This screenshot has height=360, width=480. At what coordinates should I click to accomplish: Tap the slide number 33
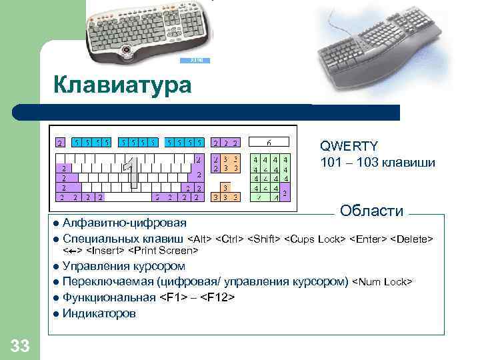(19, 345)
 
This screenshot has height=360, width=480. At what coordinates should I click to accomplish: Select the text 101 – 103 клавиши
(377, 163)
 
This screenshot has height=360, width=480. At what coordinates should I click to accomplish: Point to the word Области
(371, 211)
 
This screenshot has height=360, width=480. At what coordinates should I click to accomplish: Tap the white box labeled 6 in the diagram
(269, 142)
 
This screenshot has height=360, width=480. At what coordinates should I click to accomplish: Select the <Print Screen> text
(163, 251)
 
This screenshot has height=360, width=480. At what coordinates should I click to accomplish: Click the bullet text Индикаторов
(99, 313)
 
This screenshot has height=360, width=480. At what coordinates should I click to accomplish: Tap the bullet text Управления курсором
(123, 266)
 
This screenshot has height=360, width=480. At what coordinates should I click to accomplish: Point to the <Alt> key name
(201, 239)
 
